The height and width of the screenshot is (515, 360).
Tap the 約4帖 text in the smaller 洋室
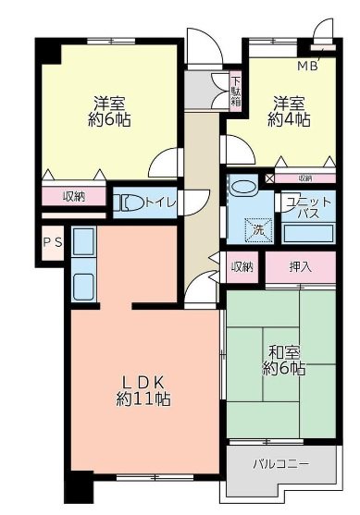(x=290, y=120)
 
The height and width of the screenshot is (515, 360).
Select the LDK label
(x=143, y=381)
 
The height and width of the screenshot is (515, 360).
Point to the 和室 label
(x=284, y=351)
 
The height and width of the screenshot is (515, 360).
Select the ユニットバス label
(x=306, y=207)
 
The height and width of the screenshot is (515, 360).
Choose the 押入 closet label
(x=301, y=267)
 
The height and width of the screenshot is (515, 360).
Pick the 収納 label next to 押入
(x=242, y=267)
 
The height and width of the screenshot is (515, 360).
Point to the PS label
(x=52, y=243)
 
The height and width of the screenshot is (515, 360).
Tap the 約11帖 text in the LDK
(x=143, y=399)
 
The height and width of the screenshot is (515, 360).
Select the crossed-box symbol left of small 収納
(x=269, y=178)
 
